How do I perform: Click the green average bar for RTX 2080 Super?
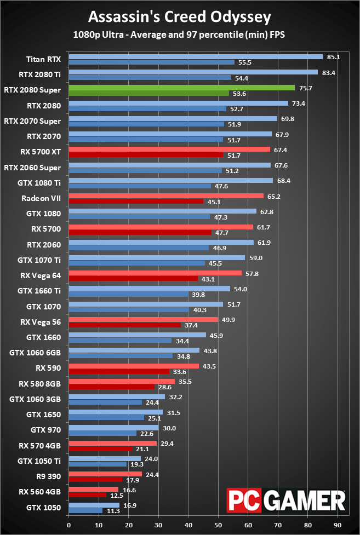coord(181,88)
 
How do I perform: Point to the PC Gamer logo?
coord(287,501)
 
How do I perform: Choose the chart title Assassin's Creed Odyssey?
coord(179,17)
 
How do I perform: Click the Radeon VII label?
coord(41,198)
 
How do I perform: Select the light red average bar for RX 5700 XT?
coord(169,149)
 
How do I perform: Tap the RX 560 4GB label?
coord(40,491)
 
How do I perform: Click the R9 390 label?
coord(48,476)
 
